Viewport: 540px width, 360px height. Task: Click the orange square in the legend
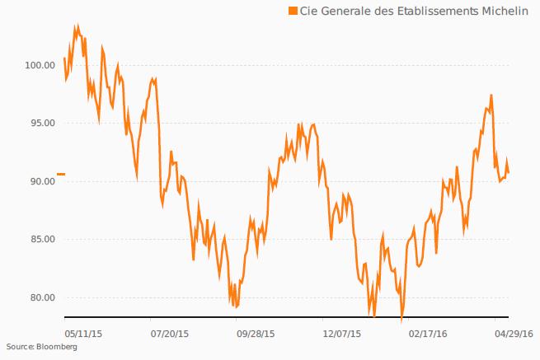[x=292, y=11]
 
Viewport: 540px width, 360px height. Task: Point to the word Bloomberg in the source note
[x=55, y=348]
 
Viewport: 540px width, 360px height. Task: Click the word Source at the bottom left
[x=17, y=348]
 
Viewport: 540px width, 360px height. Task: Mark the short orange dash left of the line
[x=60, y=175]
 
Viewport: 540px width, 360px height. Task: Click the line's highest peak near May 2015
[x=77, y=26]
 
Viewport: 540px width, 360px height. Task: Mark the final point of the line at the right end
[x=509, y=172]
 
